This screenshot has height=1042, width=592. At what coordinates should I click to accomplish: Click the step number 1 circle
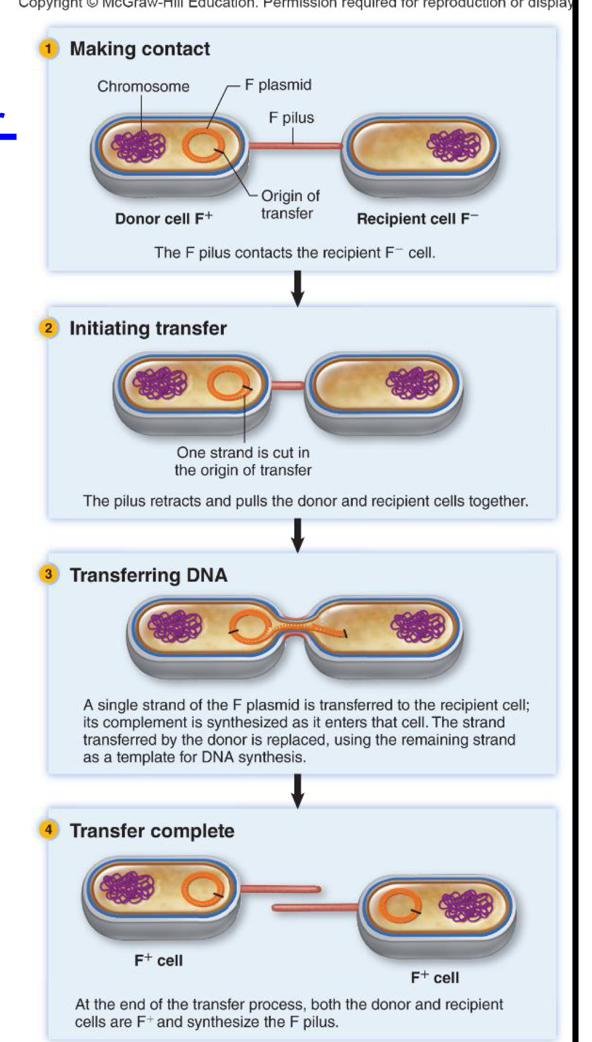[49, 48]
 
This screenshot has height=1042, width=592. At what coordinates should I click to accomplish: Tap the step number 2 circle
[49, 327]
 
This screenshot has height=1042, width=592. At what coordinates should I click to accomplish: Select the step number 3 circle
[49, 574]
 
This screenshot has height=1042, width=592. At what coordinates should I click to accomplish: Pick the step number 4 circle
[49, 829]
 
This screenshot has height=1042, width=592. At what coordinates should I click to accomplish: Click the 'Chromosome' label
[143, 86]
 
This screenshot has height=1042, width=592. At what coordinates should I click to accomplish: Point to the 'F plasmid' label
[278, 85]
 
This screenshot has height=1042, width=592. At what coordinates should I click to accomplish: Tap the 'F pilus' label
[291, 118]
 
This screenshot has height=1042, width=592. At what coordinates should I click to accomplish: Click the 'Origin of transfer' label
[289, 204]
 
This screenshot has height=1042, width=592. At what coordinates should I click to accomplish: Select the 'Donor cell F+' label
[163, 218]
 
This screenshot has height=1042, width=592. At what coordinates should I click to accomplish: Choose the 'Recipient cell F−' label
[417, 218]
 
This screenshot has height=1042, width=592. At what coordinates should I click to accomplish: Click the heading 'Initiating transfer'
[148, 328]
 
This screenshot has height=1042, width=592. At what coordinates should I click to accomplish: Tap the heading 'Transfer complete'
[152, 831]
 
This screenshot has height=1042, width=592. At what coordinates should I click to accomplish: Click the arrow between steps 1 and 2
[298, 288]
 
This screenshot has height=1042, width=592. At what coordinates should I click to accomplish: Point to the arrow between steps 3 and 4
[298, 792]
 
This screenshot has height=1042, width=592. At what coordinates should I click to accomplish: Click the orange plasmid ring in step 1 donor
[202, 146]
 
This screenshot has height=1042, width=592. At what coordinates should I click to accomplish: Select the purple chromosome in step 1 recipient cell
[454, 145]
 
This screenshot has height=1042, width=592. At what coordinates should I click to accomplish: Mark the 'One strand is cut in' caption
[243, 452]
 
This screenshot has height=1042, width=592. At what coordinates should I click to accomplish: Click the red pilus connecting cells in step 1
[294, 146]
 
